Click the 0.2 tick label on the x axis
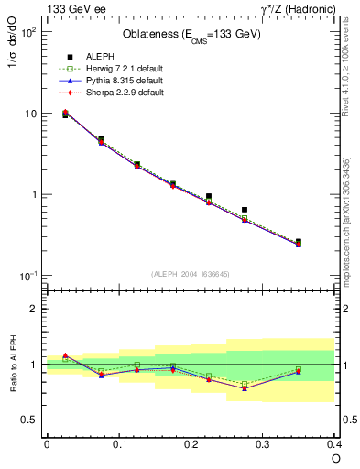click(x=191, y=443)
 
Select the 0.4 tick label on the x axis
click(x=334, y=443)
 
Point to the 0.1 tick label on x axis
click(x=119, y=443)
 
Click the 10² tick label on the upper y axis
click(x=28, y=33)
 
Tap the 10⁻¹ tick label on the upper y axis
click(x=27, y=276)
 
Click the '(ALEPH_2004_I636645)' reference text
click(x=191, y=274)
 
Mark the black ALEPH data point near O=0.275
click(x=245, y=210)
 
